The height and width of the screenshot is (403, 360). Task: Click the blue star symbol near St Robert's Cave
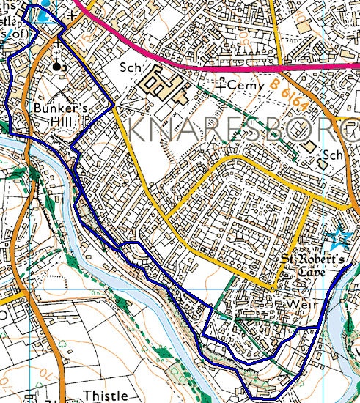point(340,238)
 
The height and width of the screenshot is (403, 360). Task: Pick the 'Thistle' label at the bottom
point(105,396)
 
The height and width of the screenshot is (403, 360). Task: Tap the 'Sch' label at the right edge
point(334,155)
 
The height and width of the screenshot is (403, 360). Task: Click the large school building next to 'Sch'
point(166,85)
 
